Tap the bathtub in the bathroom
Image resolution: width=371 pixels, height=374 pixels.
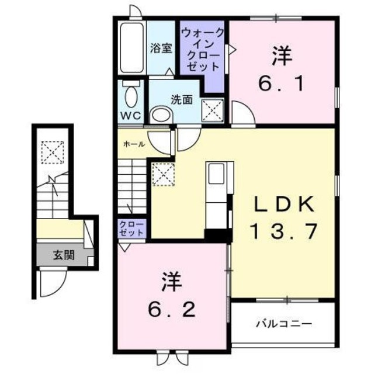131,49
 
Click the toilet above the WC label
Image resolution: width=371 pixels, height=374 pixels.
130,94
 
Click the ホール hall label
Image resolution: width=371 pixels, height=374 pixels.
133,143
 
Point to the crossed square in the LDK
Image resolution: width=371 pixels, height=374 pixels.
161,174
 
